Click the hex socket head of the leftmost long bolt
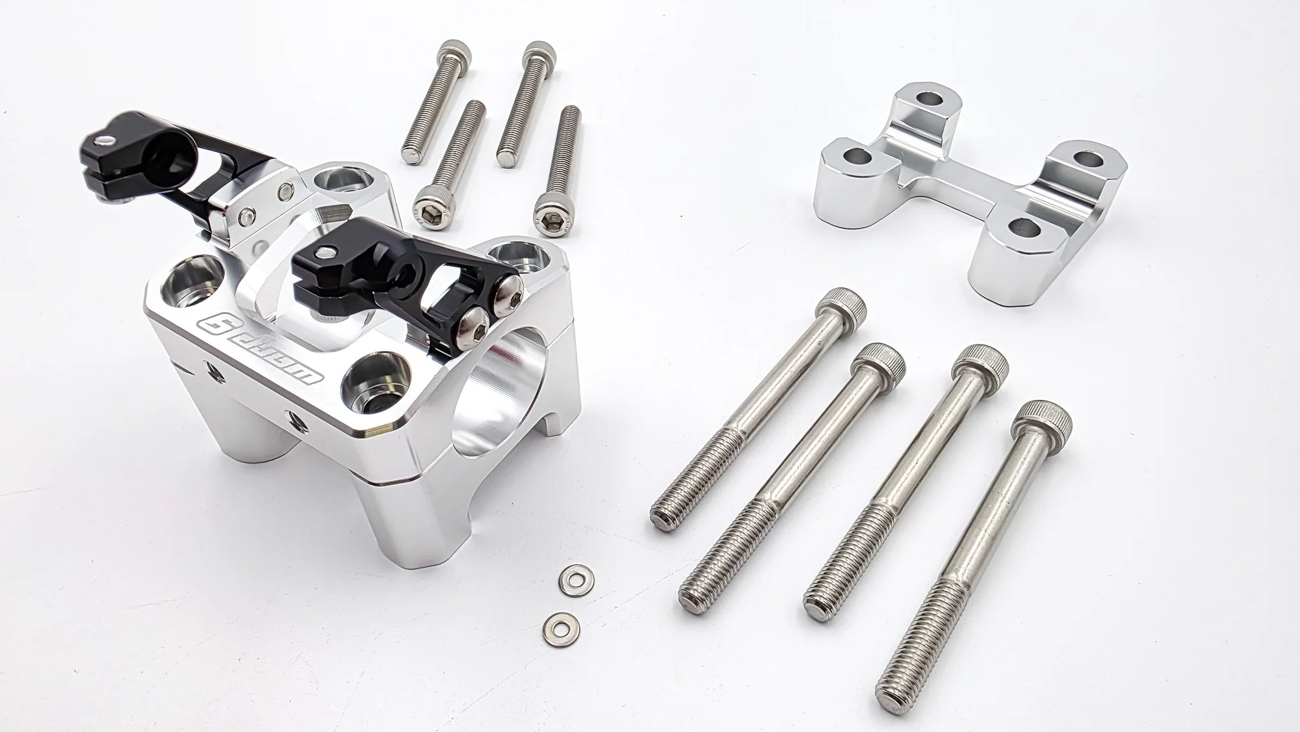point(842,303)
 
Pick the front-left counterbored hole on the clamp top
point(188,281)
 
